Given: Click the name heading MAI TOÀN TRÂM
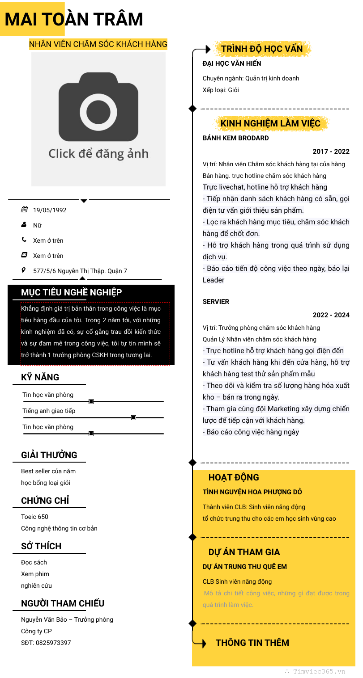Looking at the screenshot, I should pyautogui.click(x=74, y=19).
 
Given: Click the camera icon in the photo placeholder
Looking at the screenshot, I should pyautogui.click(x=98, y=107).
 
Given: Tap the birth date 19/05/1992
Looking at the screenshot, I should pyautogui.click(x=50, y=210).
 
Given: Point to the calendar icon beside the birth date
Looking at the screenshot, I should pyautogui.click(x=24, y=210).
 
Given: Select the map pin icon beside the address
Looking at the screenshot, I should pyautogui.click(x=24, y=270).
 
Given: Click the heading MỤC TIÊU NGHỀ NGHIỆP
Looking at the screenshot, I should pyautogui.click(x=72, y=292).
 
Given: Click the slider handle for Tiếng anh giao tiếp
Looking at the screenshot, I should pyautogui.click(x=133, y=417).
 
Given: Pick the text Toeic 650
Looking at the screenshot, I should pyautogui.click(x=34, y=517).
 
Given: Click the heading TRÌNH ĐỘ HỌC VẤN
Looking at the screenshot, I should pyautogui.click(x=262, y=49).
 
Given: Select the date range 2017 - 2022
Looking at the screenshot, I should pyautogui.click(x=331, y=152).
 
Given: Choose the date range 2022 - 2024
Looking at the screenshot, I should pyautogui.click(x=331, y=315).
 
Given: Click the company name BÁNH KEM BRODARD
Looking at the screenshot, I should pyautogui.click(x=236, y=138).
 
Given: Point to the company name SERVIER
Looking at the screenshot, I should pyautogui.click(x=216, y=302).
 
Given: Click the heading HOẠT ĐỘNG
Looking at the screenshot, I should pyautogui.click(x=234, y=477).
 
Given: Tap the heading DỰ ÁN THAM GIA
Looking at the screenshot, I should pyautogui.click(x=244, y=552).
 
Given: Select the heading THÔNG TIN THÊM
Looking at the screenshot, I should pyautogui.click(x=252, y=643).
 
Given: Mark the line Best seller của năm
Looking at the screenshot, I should pyautogui.click(x=48, y=471).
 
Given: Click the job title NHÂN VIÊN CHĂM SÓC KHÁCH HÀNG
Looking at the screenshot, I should pyautogui.click(x=98, y=44).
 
